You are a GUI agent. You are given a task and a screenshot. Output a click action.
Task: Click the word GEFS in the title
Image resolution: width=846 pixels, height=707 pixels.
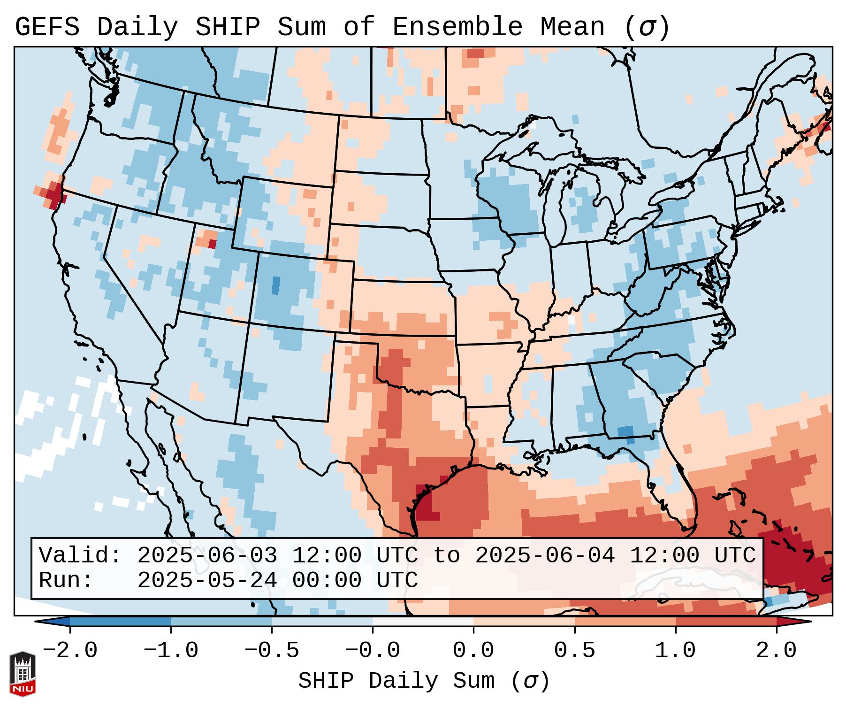(x=47, y=27)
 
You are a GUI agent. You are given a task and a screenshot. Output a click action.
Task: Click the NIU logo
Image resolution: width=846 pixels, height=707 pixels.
(x=23, y=674)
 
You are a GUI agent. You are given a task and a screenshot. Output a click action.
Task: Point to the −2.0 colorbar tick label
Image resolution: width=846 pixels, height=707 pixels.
(x=70, y=651)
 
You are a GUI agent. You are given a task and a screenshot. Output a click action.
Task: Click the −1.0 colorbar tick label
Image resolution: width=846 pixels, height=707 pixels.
(x=171, y=651)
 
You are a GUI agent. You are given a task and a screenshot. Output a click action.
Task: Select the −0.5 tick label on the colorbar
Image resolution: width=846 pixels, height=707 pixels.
(x=272, y=651)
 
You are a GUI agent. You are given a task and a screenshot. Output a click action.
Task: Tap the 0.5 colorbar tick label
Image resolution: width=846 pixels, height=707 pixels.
(x=575, y=651)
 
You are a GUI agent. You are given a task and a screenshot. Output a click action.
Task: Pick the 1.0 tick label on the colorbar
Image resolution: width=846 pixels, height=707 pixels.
(x=676, y=651)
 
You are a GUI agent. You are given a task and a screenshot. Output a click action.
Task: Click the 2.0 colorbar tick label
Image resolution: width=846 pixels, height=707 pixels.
(x=777, y=651)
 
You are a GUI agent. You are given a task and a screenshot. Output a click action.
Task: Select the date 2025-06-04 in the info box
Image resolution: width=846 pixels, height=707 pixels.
(x=545, y=555)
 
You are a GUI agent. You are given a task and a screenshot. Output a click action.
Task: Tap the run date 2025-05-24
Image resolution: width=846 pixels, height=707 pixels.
(x=207, y=580)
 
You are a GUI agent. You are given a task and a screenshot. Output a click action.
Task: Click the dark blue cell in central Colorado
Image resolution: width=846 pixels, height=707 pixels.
(x=276, y=285)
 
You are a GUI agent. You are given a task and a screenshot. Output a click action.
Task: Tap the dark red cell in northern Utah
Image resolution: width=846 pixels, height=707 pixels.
(x=213, y=244)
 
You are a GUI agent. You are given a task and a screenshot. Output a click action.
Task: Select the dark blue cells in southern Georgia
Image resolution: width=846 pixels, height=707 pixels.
(x=626, y=433)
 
